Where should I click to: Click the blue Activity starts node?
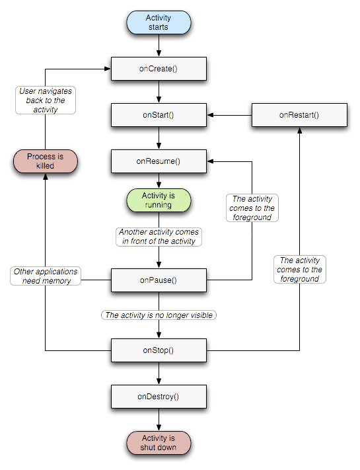159,22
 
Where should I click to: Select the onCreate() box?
159,69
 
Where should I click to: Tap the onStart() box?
159,115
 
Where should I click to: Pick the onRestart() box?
299,115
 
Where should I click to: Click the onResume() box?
159,161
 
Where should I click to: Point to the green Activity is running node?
159,200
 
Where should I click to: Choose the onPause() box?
159,280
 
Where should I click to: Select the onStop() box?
159,350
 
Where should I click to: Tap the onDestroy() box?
159,397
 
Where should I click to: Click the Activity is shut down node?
159,443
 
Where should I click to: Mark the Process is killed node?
45,161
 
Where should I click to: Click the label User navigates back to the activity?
46,100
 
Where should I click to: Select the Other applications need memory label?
46,276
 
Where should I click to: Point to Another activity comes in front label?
159,237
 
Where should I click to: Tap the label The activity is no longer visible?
159,315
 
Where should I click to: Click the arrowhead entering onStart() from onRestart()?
210,115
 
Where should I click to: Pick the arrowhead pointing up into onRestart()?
299,130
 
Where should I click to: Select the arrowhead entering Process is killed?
45,176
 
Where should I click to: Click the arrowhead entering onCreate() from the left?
108,69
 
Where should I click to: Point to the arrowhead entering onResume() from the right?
210,161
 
